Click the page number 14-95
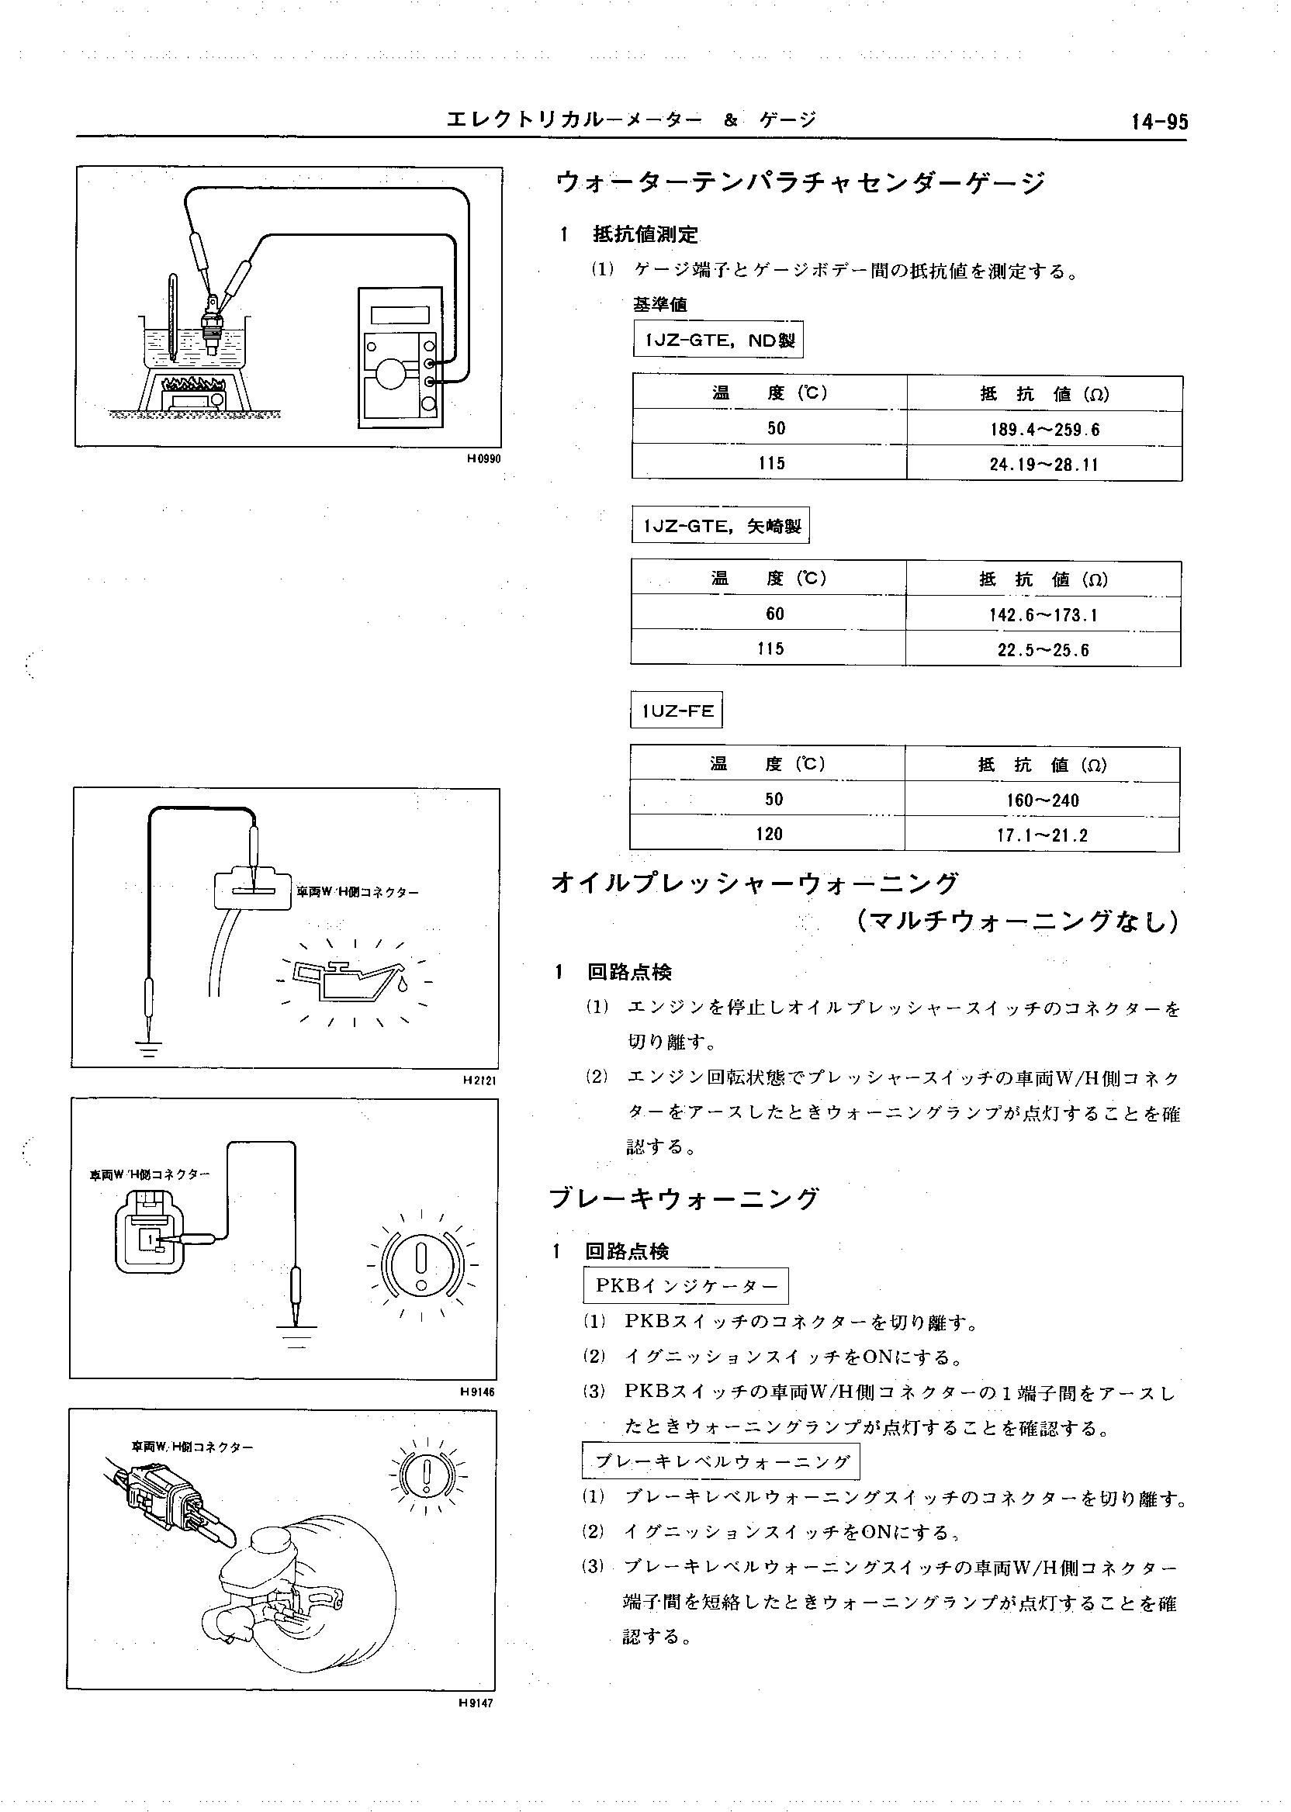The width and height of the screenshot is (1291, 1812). [1160, 123]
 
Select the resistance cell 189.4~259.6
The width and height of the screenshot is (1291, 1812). [1044, 429]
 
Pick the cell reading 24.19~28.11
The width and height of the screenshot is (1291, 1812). [1043, 464]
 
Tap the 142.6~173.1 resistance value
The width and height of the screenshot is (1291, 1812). [1043, 615]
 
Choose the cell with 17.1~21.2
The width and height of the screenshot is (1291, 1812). [1042, 835]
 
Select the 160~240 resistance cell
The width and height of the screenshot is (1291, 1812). [1042, 801]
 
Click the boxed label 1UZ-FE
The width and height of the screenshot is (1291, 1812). [677, 711]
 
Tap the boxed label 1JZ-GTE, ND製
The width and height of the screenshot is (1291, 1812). [718, 341]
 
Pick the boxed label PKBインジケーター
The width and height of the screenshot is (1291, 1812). [686, 1286]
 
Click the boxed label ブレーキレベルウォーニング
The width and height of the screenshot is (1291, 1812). [721, 1461]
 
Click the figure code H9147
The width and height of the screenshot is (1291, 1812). [476, 1703]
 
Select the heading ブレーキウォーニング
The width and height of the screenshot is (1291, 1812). [684, 1198]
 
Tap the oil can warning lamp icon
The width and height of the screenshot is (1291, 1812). [351, 981]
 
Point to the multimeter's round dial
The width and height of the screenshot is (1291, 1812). [391, 374]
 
